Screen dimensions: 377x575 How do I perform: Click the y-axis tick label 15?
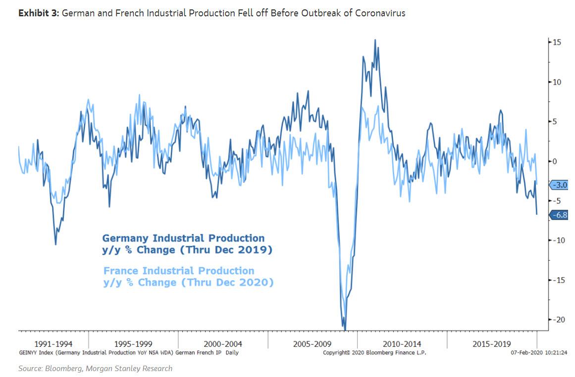coord(557,43)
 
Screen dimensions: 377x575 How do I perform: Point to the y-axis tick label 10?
coord(557,82)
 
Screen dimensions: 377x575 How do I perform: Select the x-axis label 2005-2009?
coord(312,344)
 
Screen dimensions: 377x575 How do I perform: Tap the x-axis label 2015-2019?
coord(491,344)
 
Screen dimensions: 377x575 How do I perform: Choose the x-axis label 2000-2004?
coord(222,344)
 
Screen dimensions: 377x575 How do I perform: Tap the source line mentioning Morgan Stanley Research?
coord(95,368)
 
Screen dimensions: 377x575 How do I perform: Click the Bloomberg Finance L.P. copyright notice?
coord(374,353)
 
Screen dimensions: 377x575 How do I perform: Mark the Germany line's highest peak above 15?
coord(375,40)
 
